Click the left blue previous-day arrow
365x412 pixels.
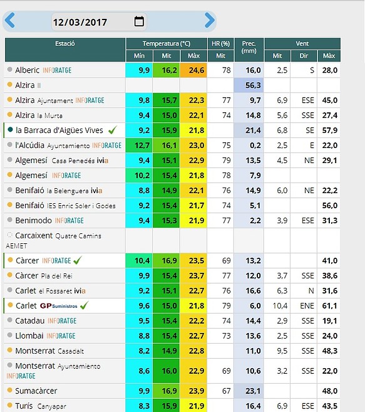click(x=10, y=20)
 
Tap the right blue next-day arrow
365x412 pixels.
click(x=210, y=20)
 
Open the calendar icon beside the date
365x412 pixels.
click(x=139, y=21)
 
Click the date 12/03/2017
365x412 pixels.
click(x=80, y=22)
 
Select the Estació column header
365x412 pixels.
click(x=65, y=44)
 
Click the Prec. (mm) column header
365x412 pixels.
click(x=249, y=47)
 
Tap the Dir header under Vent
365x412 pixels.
click(x=304, y=56)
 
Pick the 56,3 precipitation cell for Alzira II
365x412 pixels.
click(x=249, y=85)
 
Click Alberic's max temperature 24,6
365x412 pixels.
click(x=193, y=70)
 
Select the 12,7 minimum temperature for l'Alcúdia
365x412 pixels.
click(x=139, y=145)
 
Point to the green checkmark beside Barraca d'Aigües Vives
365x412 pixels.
click(x=113, y=130)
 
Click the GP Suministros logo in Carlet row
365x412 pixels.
click(x=58, y=306)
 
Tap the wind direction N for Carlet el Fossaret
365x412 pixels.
click(x=311, y=290)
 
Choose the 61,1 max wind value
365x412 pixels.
click(x=330, y=306)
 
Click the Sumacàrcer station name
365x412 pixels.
click(x=36, y=391)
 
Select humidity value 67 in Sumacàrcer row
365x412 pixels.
click(x=226, y=391)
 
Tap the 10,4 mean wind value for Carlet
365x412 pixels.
click(x=280, y=306)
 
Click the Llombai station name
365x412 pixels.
click(x=29, y=335)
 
